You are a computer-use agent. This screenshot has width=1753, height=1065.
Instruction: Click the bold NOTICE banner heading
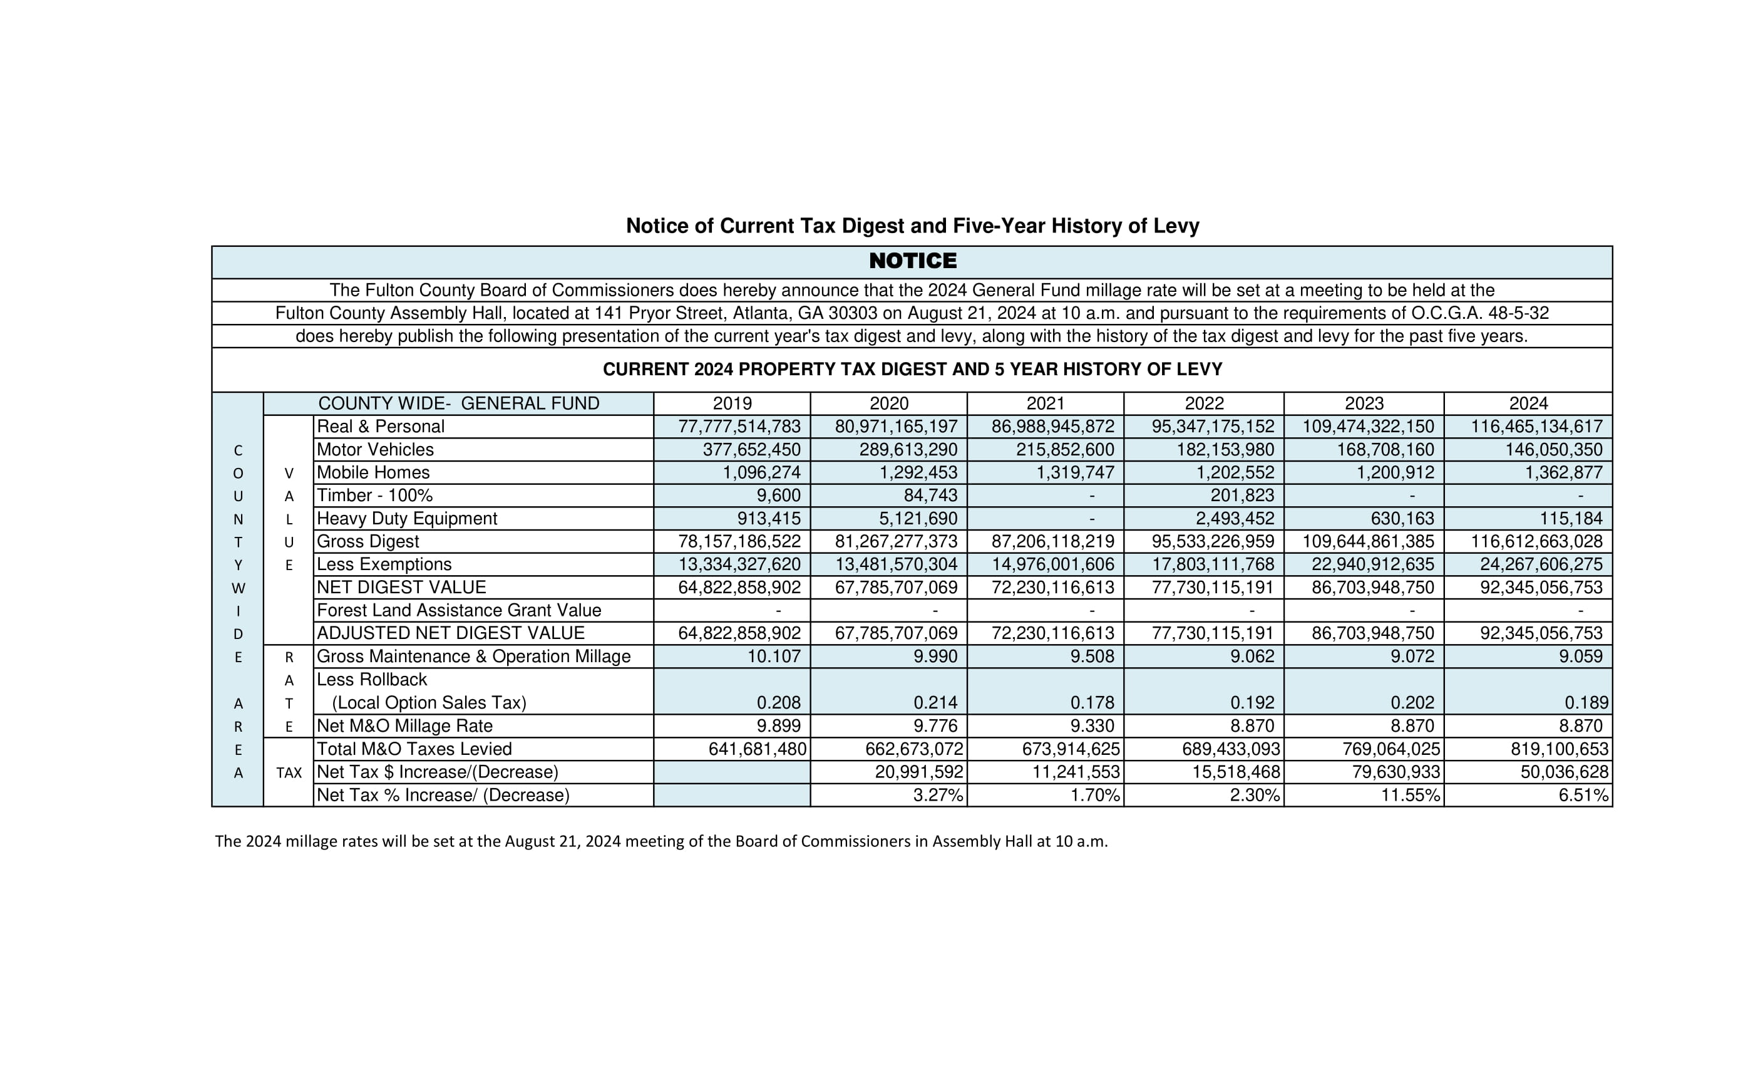[913, 261]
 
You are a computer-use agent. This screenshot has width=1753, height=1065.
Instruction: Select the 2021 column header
[1045, 403]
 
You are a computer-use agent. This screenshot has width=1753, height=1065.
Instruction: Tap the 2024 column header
[1528, 403]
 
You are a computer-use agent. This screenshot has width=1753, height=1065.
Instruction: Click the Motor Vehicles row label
[375, 450]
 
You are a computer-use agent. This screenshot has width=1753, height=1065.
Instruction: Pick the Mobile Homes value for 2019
[761, 473]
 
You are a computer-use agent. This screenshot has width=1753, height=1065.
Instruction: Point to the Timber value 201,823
[1242, 496]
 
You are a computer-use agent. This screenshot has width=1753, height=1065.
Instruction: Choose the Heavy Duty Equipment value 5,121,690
[918, 519]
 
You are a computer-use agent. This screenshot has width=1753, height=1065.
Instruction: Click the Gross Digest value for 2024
[1537, 542]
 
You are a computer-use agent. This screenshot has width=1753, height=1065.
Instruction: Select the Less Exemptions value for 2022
[1213, 564]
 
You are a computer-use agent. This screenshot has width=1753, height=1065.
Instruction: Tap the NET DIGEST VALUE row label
[401, 588]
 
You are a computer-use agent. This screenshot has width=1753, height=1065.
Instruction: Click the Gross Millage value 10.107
[773, 657]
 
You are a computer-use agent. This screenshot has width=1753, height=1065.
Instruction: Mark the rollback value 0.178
[1092, 704]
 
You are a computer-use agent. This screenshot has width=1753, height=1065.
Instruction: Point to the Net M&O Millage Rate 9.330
[1092, 726]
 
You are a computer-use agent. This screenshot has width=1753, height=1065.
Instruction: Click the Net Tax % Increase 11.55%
[1410, 795]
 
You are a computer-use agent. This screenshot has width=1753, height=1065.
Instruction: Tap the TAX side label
[289, 773]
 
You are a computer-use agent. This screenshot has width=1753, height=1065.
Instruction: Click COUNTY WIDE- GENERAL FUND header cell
[458, 403]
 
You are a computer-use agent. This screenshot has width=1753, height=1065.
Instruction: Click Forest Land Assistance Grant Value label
[459, 611]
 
